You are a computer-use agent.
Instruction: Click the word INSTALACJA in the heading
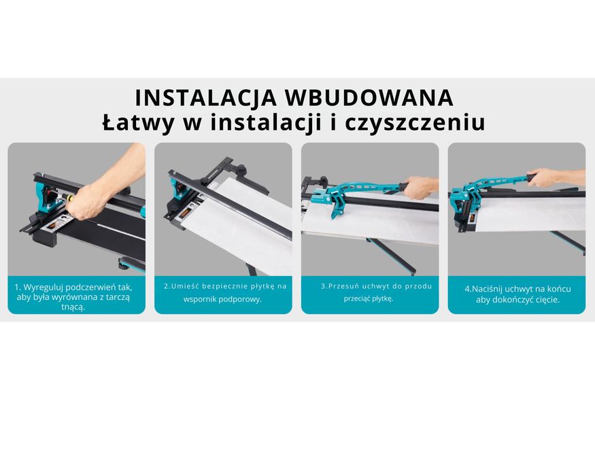[205, 97]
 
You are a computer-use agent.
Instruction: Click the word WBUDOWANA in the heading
[369, 97]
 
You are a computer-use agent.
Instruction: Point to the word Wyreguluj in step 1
[43, 288]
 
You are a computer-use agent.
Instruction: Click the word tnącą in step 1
[73, 307]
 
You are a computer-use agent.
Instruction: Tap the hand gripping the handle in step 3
[420, 188]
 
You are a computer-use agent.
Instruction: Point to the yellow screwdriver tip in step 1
[69, 198]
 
